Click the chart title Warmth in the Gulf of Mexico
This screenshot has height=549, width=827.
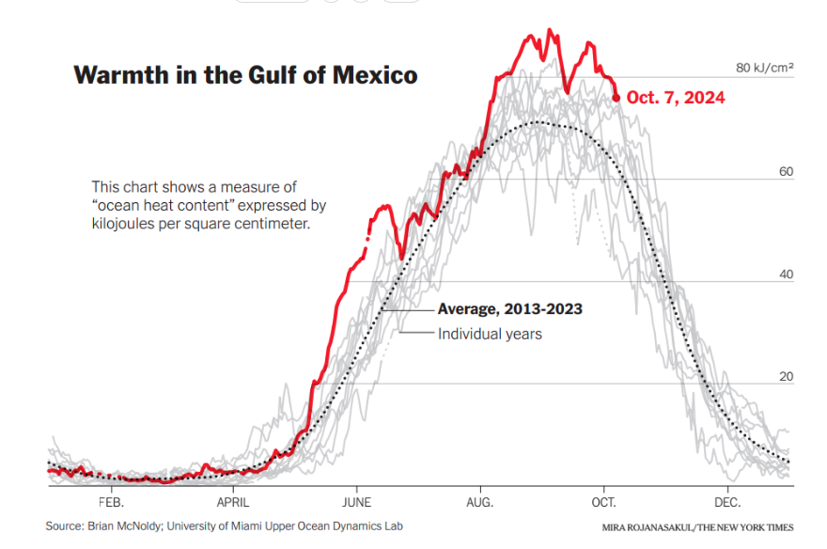pyautogui.click(x=245, y=76)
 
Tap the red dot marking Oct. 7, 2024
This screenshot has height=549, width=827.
pyautogui.click(x=616, y=97)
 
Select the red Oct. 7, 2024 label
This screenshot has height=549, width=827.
pyautogui.click(x=676, y=97)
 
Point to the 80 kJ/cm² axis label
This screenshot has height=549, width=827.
pyautogui.click(x=765, y=68)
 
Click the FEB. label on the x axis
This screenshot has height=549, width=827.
pyautogui.click(x=111, y=502)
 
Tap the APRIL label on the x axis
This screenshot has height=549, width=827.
pyautogui.click(x=233, y=502)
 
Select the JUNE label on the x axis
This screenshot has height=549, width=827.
pyautogui.click(x=356, y=502)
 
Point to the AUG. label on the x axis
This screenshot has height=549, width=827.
pyautogui.click(x=480, y=502)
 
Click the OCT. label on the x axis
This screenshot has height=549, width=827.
pyautogui.click(x=603, y=502)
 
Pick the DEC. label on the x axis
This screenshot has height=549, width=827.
pyautogui.click(x=727, y=502)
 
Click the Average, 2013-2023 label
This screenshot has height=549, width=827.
pyautogui.click(x=510, y=309)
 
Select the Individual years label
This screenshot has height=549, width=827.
pyautogui.click(x=490, y=333)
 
